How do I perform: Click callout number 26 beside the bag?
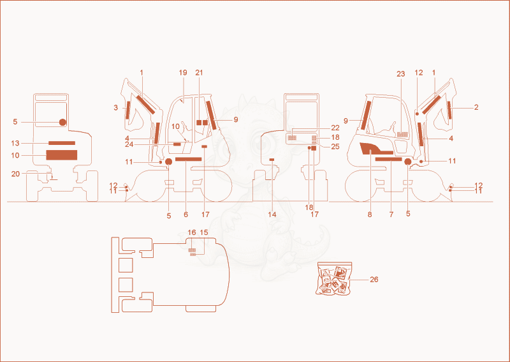pos(374,280)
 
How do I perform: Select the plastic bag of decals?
pos(333,278)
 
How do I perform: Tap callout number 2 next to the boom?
pos(476,107)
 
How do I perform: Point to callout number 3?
pos(116,107)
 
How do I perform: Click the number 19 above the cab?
pos(183,72)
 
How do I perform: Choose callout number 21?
pos(199,72)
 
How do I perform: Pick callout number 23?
pos(401,74)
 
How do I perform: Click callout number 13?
pos(15,143)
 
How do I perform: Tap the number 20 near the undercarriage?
pos(15,174)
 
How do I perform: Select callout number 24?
pos(129,144)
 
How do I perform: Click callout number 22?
pos(335,128)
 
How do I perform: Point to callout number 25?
pos(335,147)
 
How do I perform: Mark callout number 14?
pos(272,215)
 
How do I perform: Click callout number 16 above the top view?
pos(192,232)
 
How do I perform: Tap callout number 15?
pos(204,232)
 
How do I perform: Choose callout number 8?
pos(370,215)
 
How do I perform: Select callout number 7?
pos(391,215)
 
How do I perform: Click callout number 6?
pos(186,215)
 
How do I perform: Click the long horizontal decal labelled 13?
pos(62,143)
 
